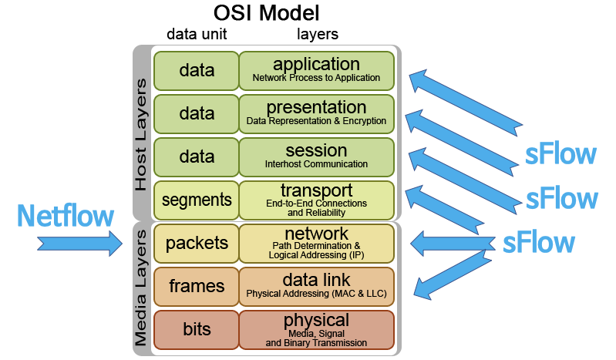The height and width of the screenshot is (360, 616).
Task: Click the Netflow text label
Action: (x=66, y=216)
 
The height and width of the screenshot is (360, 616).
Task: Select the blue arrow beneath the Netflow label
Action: (x=80, y=244)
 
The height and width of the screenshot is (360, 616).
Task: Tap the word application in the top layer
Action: (x=316, y=65)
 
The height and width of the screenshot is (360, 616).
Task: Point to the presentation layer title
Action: (x=316, y=107)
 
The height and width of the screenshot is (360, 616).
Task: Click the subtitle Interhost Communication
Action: (x=316, y=164)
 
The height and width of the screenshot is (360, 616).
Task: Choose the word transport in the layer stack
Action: (x=316, y=190)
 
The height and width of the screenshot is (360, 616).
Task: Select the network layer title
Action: (x=316, y=234)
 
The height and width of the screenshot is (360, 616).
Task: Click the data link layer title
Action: (x=316, y=280)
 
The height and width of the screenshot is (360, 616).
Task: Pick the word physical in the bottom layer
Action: (x=316, y=320)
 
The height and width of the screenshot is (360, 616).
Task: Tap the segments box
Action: (x=197, y=200)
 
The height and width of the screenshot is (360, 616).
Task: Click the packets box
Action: (x=197, y=244)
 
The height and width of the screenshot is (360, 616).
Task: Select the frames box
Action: (x=197, y=287)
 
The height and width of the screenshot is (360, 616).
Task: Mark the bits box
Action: (x=197, y=330)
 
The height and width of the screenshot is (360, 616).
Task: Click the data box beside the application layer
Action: (x=197, y=71)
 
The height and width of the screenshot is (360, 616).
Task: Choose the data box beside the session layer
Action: (x=197, y=157)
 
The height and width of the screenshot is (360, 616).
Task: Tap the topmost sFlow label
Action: (x=560, y=154)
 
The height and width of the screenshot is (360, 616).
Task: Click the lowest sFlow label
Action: (x=538, y=242)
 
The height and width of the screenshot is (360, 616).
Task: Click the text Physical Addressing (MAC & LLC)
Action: (x=316, y=294)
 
